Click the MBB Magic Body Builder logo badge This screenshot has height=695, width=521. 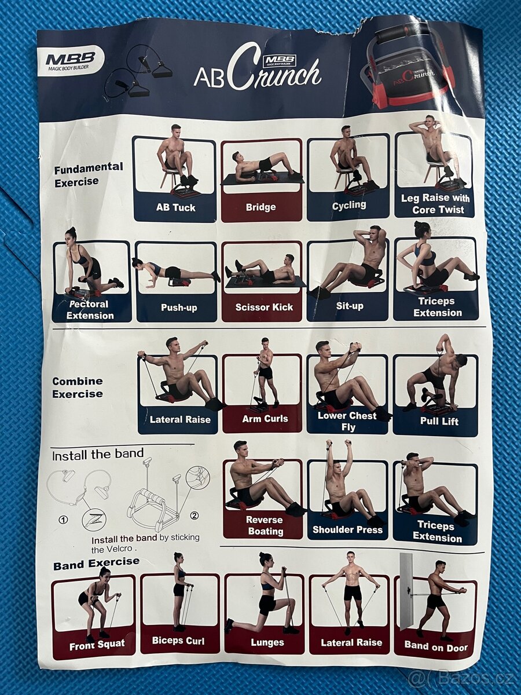click(x=71, y=60)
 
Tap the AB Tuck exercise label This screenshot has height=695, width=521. click(x=175, y=207)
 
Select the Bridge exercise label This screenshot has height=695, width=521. click(x=261, y=207)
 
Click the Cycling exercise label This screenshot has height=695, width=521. click(x=349, y=205)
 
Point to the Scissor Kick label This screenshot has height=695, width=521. click(x=264, y=307)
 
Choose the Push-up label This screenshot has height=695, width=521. click(x=179, y=308)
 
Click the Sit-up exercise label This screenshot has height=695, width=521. click(x=350, y=306)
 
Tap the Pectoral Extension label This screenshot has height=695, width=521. click(x=90, y=310)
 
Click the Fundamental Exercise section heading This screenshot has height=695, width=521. click(x=88, y=174)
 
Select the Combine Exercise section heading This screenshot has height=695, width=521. click(x=78, y=387)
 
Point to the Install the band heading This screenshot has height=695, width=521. click(x=98, y=455)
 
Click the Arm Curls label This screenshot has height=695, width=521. click(x=265, y=419)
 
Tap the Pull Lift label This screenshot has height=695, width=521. click(x=439, y=421)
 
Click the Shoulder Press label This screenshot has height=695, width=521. click(x=348, y=529)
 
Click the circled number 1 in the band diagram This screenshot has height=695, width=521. click(x=64, y=520)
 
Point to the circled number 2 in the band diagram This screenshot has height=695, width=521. click(x=195, y=515)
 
